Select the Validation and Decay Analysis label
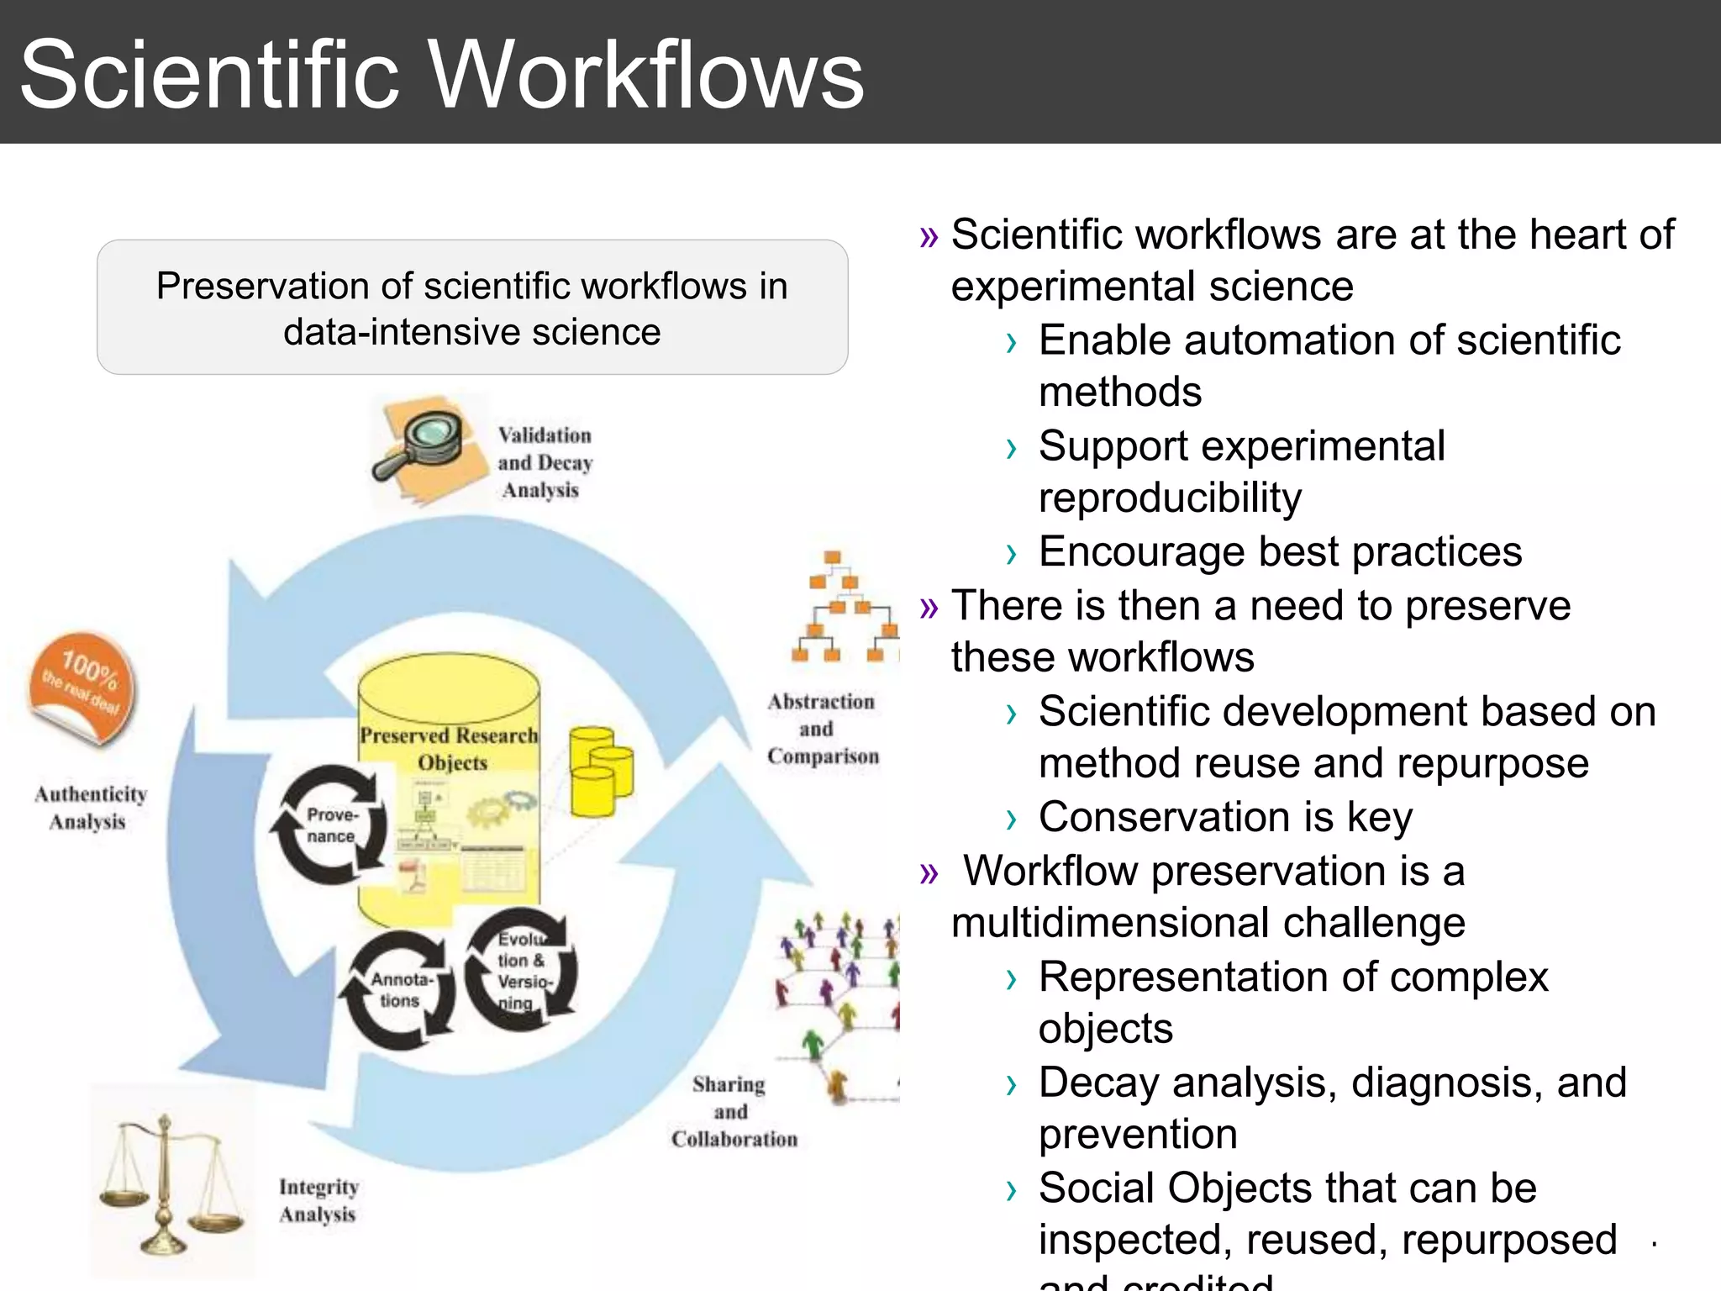pos(545,462)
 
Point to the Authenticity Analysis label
pos(90,808)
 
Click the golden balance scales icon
pos(168,1185)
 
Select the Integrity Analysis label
pos(318,1200)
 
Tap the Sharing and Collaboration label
pos(733,1111)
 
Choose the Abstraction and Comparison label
pos(822,729)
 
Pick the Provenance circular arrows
pos(330,825)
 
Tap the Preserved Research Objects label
pos(450,748)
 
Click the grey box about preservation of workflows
pos(472,308)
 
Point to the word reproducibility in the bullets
pos(1170,498)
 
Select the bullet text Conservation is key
pos(1225,817)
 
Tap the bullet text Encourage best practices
pos(1280,552)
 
